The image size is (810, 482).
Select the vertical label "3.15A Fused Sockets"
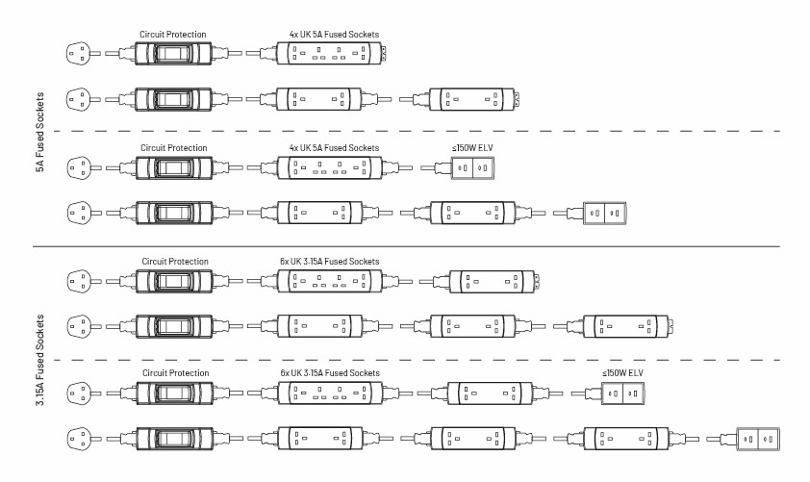tap(39, 358)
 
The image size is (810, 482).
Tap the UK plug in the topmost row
tap(81, 54)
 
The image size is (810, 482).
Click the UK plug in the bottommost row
tap(81, 438)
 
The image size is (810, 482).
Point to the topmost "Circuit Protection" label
tap(172, 35)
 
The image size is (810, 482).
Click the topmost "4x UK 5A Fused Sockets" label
tap(334, 35)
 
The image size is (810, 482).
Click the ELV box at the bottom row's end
tap(756, 438)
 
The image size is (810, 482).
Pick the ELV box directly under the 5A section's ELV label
tap(471, 168)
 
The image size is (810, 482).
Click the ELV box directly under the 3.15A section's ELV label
tap(622, 393)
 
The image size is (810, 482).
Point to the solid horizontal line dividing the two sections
tap(404, 247)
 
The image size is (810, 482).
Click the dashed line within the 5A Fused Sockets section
tap(404, 130)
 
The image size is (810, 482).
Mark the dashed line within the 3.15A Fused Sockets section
tap(404, 361)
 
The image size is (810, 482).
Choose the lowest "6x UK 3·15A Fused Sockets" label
tap(330, 373)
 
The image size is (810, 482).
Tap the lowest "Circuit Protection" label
tap(175, 373)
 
